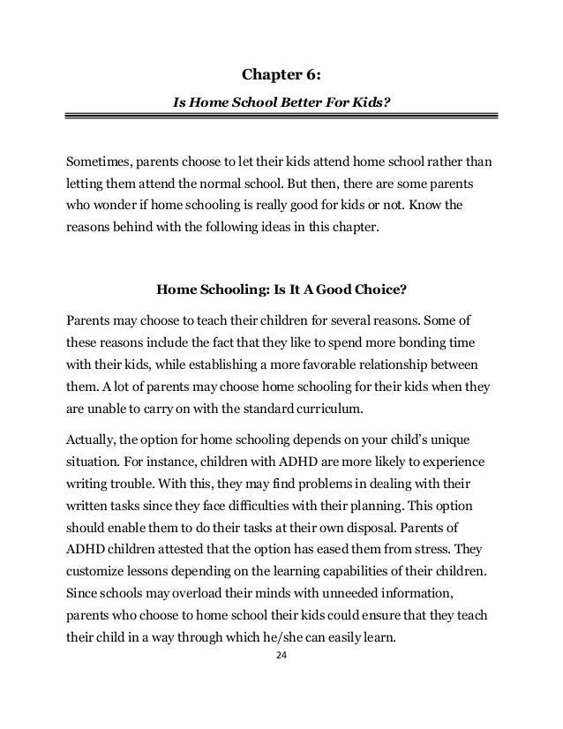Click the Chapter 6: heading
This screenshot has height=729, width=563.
coord(281,74)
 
